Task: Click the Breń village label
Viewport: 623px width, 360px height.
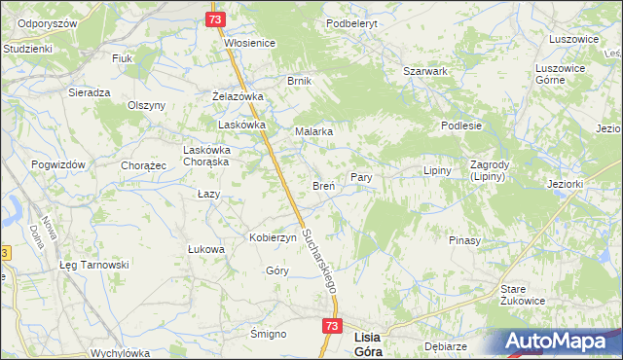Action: (323, 185)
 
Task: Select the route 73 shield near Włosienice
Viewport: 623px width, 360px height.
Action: (216, 19)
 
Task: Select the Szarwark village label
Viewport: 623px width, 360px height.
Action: (425, 71)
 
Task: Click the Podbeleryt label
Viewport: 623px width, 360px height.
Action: (351, 22)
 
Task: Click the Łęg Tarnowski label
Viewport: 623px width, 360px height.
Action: (93, 265)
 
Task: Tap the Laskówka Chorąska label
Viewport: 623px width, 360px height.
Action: (205, 156)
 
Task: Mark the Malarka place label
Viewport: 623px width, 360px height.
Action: (314, 130)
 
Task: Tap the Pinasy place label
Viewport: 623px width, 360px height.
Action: (466, 239)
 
